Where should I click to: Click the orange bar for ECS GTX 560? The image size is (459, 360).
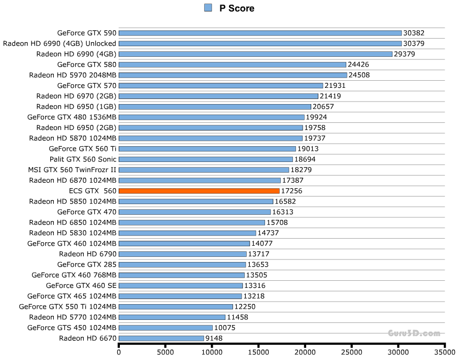[x=199, y=191]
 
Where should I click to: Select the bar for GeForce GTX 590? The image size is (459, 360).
[x=260, y=33]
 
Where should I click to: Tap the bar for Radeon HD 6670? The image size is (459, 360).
[x=161, y=338]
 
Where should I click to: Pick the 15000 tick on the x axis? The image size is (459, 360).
[x=258, y=351]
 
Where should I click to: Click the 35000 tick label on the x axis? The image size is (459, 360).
[x=444, y=351]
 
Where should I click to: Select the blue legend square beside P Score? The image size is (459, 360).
[x=208, y=8]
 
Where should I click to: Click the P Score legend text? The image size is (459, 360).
[x=237, y=8]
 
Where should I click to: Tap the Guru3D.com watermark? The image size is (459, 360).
[x=414, y=334]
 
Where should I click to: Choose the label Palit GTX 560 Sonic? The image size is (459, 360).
[x=83, y=159]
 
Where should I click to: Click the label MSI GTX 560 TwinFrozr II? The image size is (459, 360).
[x=72, y=170]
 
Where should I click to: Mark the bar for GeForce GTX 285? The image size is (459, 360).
[x=182, y=265]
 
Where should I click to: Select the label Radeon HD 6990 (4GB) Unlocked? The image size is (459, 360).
[x=59, y=44]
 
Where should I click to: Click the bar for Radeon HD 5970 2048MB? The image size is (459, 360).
[x=233, y=75]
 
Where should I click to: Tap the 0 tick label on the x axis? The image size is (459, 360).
[x=119, y=351]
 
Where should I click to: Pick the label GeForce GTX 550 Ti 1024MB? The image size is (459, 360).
[x=68, y=307]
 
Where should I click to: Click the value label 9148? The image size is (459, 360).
[x=216, y=338]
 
